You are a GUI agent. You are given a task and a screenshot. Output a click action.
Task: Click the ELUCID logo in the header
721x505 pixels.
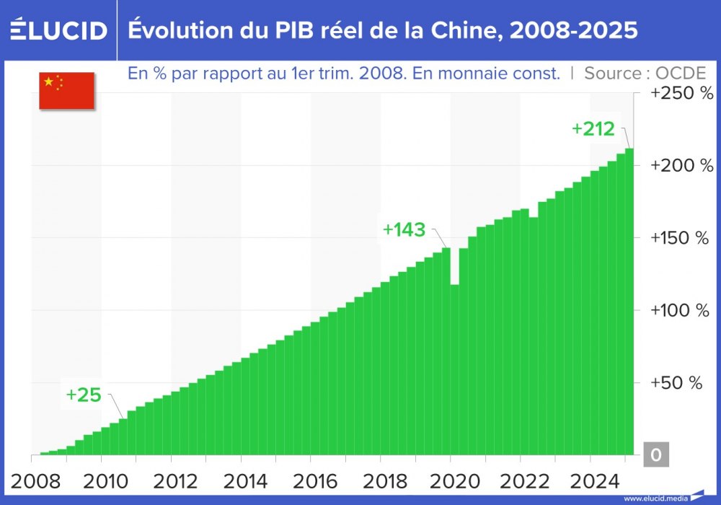59,30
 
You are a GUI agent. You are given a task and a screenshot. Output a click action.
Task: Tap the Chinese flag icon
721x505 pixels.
66,90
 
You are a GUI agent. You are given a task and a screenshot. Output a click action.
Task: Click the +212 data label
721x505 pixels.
593,129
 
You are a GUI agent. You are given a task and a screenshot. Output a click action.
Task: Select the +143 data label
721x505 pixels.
404,229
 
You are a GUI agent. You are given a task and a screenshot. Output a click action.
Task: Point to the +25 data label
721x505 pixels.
84,395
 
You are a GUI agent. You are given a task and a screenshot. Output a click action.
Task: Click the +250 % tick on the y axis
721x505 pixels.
681,94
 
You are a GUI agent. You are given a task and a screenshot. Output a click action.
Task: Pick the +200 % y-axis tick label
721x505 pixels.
681,166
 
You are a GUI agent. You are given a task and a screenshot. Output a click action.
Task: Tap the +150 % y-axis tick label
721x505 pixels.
681,238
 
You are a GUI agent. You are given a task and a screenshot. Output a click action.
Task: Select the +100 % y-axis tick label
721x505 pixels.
681,310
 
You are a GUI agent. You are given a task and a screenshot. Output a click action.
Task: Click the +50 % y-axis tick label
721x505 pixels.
676,382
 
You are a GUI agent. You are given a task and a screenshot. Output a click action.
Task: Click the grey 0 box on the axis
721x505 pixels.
655,455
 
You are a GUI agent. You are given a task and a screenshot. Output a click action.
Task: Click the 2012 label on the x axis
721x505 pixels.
171,480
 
